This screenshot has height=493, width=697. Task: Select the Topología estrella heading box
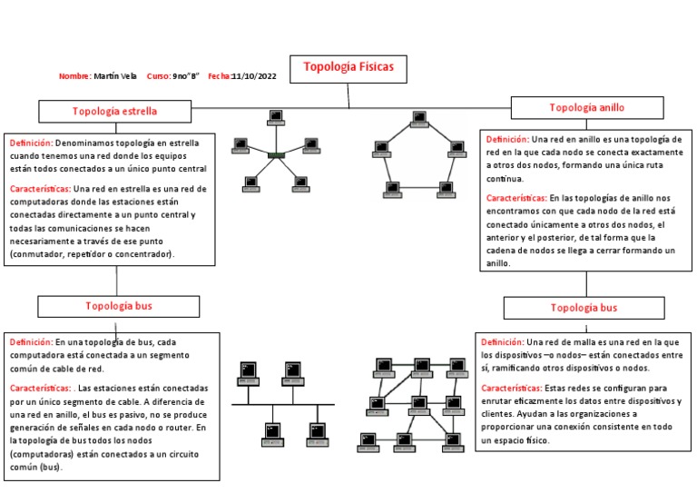[x=115, y=111]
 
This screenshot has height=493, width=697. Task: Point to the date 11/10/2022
[x=254, y=76]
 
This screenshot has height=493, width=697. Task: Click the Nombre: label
[x=74, y=76]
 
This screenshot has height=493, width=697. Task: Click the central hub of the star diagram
[x=276, y=155]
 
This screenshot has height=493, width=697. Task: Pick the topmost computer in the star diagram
[x=276, y=116]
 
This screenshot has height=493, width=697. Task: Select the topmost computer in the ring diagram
[x=419, y=118]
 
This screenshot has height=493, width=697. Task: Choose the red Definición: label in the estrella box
[x=31, y=143]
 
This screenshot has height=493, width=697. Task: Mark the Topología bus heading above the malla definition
[x=584, y=308]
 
